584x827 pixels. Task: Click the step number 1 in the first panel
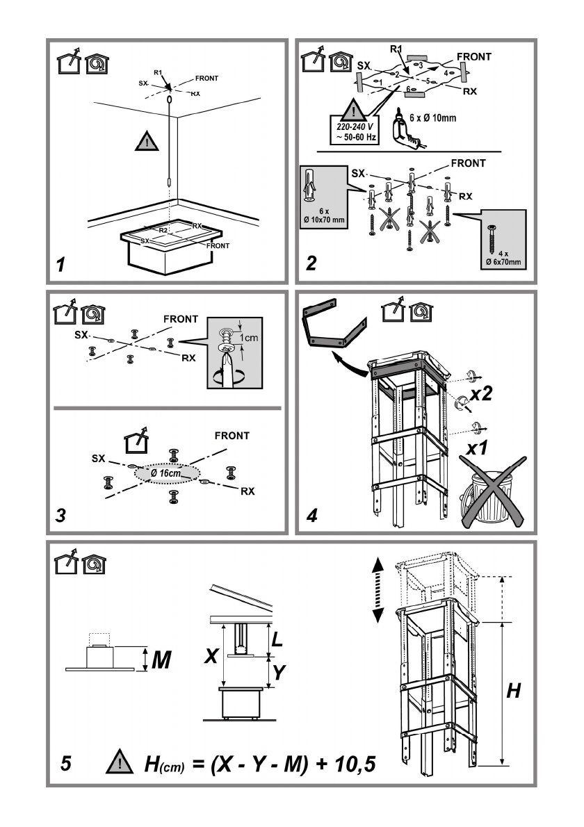click(x=61, y=264)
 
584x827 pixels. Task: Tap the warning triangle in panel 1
click(x=147, y=141)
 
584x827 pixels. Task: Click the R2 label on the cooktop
click(x=163, y=231)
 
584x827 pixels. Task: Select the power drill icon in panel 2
click(x=405, y=129)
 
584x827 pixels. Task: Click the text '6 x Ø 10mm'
click(x=432, y=117)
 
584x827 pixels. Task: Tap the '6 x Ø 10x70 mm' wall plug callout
click(x=324, y=197)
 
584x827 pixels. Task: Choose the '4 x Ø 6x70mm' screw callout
click(x=503, y=240)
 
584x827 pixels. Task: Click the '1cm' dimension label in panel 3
click(x=248, y=338)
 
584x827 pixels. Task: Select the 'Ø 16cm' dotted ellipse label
click(x=167, y=473)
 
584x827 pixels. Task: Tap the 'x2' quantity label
click(x=480, y=393)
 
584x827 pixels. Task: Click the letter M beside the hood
click(x=161, y=660)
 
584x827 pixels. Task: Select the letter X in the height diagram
click(x=211, y=656)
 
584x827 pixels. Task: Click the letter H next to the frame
click(x=513, y=690)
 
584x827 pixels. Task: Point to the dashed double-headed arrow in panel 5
click(x=378, y=590)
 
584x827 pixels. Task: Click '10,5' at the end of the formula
click(x=355, y=764)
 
